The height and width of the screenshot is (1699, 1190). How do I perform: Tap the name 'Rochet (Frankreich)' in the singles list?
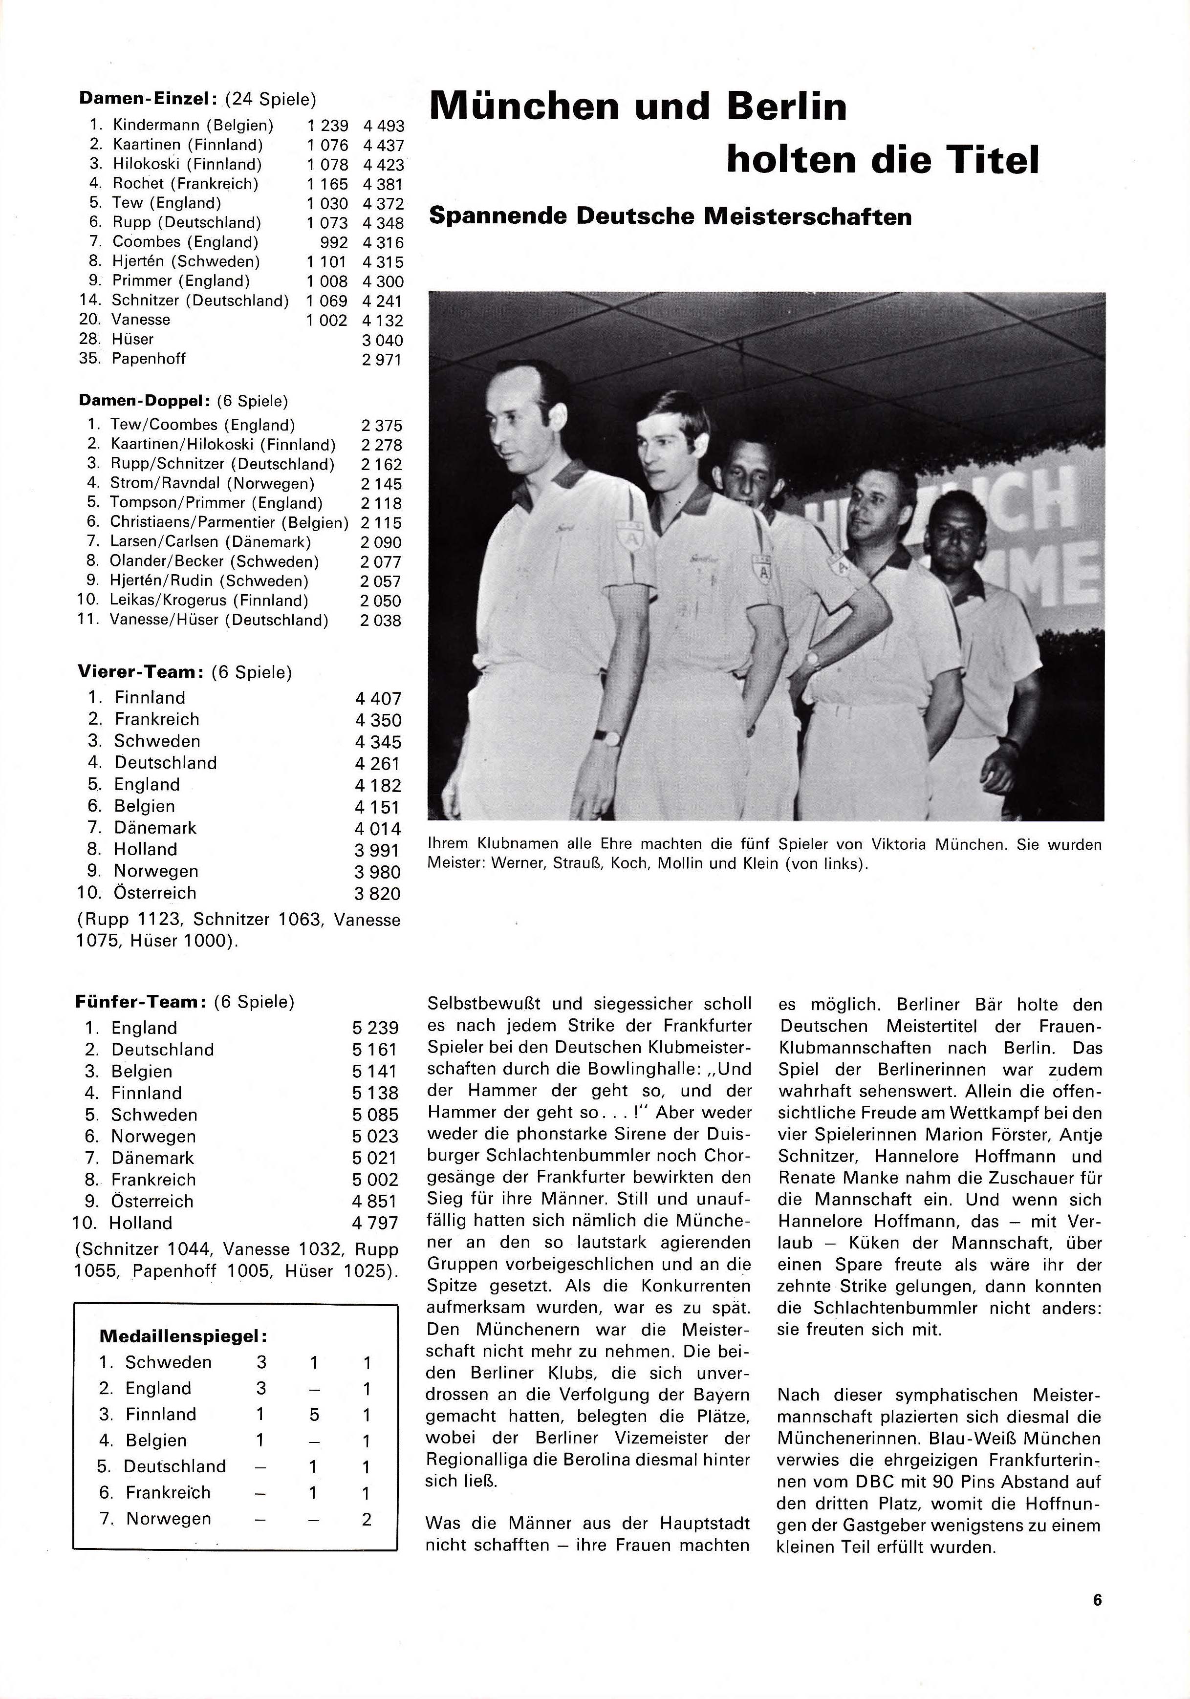[185, 184]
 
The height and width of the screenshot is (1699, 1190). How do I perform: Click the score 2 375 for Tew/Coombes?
[381, 426]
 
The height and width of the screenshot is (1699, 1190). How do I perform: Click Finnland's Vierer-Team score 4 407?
[377, 699]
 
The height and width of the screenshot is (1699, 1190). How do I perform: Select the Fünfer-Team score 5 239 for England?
[375, 1028]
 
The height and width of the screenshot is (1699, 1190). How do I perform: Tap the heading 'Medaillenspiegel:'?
[183, 1336]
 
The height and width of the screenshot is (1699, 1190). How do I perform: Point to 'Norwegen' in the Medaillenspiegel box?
[169, 1518]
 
